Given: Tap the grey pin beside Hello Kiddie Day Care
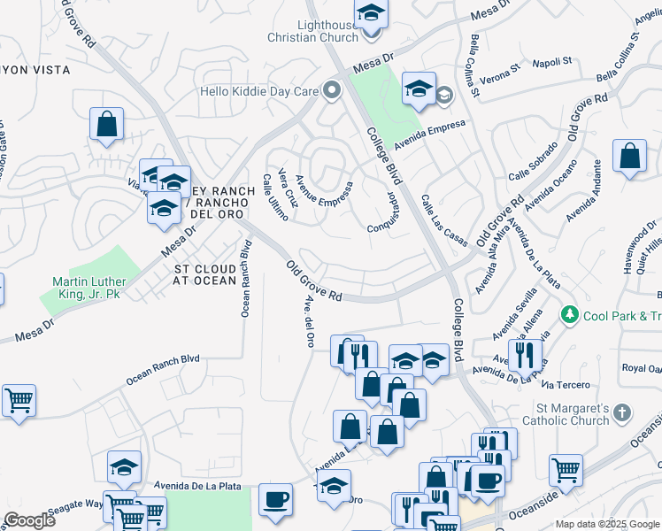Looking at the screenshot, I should [332, 89].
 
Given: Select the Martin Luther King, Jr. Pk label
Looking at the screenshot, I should [83, 289].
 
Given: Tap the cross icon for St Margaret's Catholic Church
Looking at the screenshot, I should [622, 412].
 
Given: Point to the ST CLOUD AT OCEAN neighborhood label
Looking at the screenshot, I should [204, 274].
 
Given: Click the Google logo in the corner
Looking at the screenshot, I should [29, 520].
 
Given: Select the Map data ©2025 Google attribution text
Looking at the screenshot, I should [606, 524].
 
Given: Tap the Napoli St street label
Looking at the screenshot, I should [552, 63].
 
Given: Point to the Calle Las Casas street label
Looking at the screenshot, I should [443, 220].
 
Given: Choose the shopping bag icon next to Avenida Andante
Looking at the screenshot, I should [629, 157].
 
